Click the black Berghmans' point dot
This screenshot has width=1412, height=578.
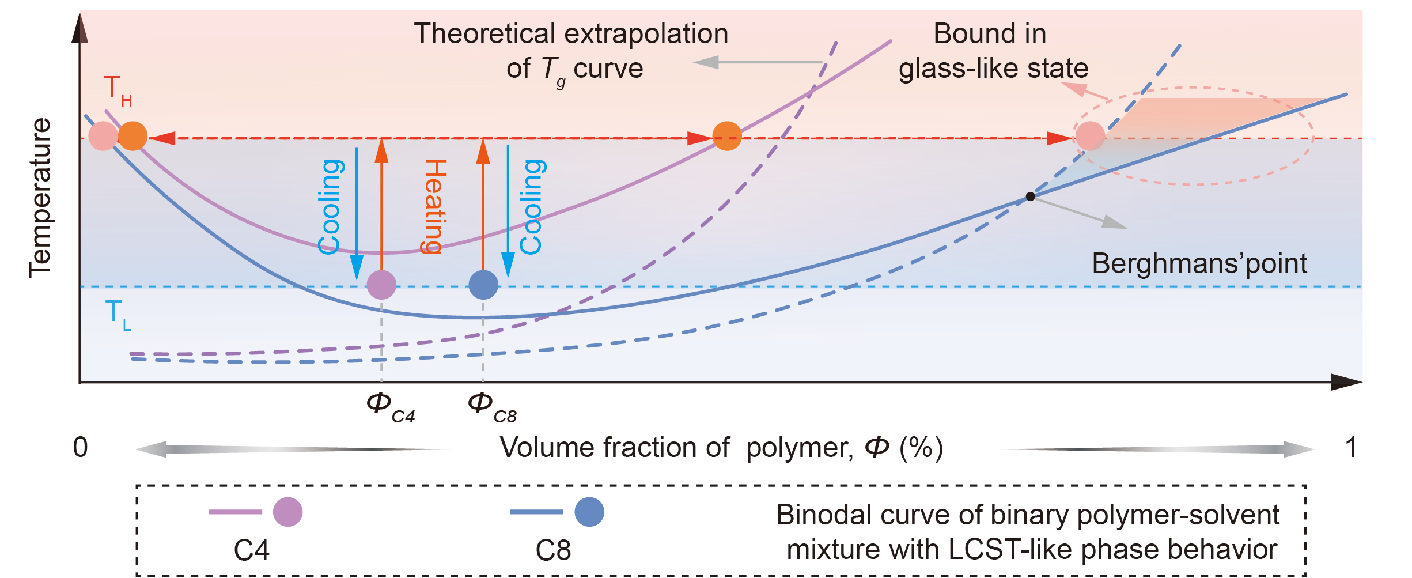pos(1031,197)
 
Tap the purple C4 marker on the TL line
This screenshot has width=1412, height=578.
pos(381,285)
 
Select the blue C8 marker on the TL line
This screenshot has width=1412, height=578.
pos(483,285)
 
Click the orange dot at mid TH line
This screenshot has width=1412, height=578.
pos(727,137)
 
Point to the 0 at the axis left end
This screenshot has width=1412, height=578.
pos(81,448)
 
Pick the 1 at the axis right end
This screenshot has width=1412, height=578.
pos(1350,448)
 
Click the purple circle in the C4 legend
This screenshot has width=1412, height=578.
pos(287,512)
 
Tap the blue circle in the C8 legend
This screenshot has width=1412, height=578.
pos(589,512)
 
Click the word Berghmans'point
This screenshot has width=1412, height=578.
pos(1199,264)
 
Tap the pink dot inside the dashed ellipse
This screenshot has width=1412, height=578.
pos(1090,137)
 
